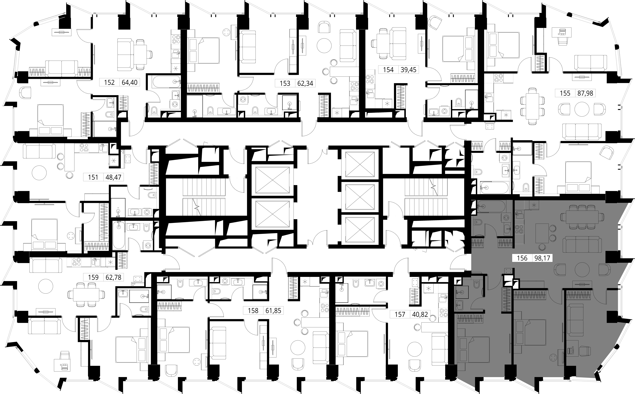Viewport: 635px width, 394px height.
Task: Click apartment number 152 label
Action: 109,83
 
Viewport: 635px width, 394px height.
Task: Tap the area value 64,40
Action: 130,83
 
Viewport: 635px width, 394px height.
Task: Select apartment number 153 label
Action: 285,83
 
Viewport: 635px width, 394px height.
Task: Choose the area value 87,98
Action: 585,93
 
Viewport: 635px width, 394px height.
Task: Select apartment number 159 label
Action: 93,277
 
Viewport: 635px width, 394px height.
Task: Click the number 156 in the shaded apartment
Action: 522,258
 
